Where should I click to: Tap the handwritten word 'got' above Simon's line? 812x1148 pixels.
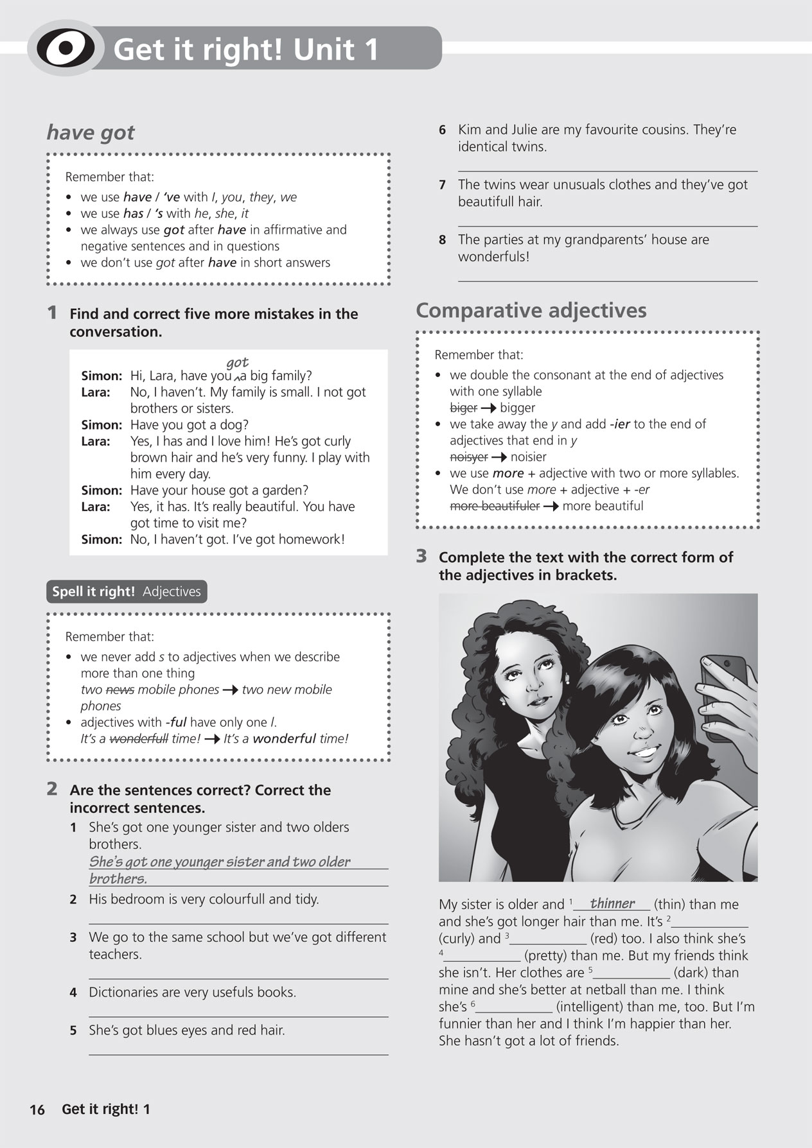click(237, 363)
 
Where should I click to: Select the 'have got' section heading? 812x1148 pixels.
click(91, 132)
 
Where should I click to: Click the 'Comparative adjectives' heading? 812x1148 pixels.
click(531, 311)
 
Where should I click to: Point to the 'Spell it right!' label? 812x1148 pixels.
click(93, 592)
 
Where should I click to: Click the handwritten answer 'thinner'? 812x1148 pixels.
click(612, 903)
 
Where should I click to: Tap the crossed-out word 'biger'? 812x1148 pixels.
click(463, 408)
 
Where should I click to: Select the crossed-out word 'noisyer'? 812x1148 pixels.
click(468, 457)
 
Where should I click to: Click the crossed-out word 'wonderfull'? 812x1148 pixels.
click(139, 739)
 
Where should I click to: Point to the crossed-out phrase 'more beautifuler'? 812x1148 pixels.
click(495, 506)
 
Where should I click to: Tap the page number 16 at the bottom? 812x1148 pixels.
click(37, 1109)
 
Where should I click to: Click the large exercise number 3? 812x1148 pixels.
click(421, 556)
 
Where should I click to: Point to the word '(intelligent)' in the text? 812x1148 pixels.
click(590, 1007)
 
